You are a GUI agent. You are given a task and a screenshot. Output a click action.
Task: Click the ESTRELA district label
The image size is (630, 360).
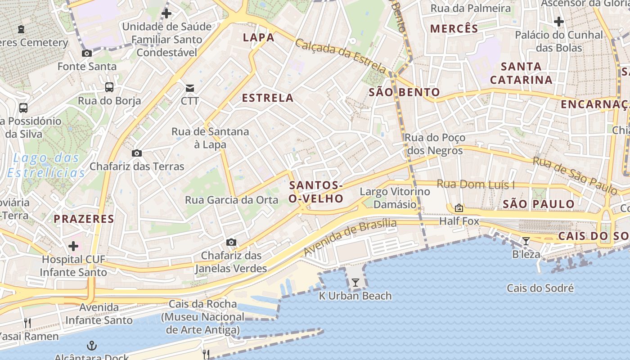tap(268, 98)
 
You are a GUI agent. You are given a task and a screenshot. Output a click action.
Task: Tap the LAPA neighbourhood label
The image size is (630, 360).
tap(259, 37)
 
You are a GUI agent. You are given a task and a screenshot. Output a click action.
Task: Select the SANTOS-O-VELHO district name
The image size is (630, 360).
tap(316, 192)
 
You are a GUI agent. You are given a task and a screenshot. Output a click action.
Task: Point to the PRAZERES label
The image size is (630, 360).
tap(84, 219)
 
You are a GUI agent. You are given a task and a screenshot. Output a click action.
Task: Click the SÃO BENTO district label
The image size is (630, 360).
tap(405, 93)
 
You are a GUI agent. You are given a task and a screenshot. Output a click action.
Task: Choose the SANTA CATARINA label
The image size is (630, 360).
tap(521, 73)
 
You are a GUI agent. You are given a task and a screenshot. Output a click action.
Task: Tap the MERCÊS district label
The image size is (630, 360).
tap(454, 29)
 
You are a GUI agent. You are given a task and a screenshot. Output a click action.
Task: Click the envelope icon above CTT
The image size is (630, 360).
tap(190, 88)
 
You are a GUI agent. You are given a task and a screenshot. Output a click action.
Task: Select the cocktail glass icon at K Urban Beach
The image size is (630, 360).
tap(355, 283)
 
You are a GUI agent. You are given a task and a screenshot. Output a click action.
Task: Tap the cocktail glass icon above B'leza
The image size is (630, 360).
tap(526, 241)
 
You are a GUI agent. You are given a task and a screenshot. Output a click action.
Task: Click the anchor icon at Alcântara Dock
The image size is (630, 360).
tap(92, 346)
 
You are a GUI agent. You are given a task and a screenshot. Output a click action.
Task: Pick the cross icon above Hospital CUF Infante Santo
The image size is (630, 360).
tap(73, 246)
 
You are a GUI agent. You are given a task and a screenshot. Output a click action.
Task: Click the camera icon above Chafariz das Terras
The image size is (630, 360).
tap(137, 153)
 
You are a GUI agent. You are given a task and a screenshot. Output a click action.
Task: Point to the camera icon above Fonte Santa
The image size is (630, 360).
tap(87, 53)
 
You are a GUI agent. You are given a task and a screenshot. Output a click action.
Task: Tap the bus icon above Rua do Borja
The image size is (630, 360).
tap(109, 87)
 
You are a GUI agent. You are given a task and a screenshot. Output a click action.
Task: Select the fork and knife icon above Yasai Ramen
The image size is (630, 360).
tap(27, 323)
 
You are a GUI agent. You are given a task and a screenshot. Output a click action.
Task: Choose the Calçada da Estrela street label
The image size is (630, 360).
tap(341, 55)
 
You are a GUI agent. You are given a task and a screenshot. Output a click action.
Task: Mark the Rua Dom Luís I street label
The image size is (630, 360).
tap(476, 184)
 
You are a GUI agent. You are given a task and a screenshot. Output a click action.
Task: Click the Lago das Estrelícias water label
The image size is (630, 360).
tap(46, 165)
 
